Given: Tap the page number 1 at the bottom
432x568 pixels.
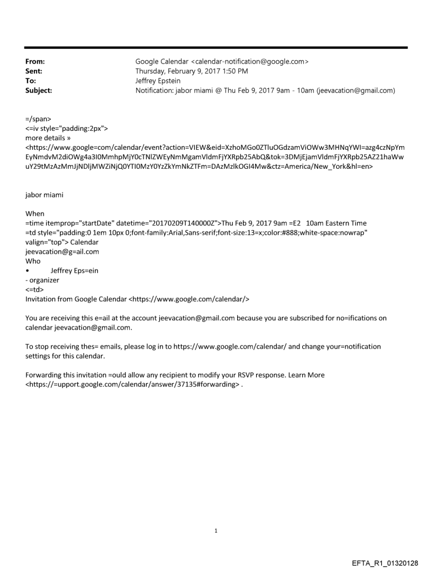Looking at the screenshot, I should pos(215,516).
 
